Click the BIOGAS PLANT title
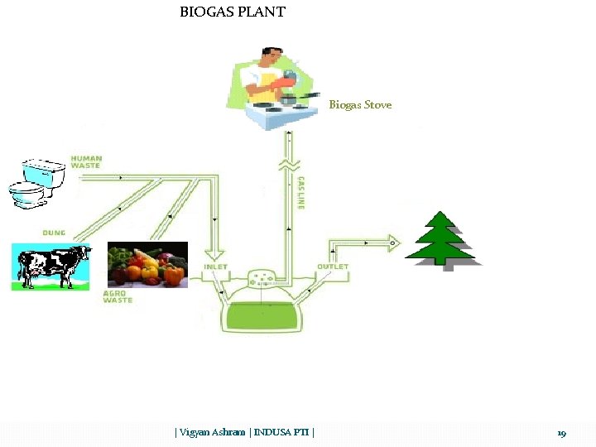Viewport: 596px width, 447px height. coord(233,12)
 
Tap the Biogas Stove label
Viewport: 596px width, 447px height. coord(360,105)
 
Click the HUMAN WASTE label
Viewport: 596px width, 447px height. coord(85,161)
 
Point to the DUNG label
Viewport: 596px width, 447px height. coord(54,233)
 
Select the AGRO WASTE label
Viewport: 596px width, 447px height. coord(118,296)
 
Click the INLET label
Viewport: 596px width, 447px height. coord(217,267)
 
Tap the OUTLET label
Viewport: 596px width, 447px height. coord(332,267)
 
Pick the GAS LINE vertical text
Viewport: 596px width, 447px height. coord(300,192)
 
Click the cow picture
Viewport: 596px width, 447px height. coord(50,266)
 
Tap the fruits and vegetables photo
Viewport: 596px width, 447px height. coord(148,264)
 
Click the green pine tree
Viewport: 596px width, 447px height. coord(442,239)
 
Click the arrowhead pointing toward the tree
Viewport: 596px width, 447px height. coord(393,243)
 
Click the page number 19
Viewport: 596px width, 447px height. coord(561,433)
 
